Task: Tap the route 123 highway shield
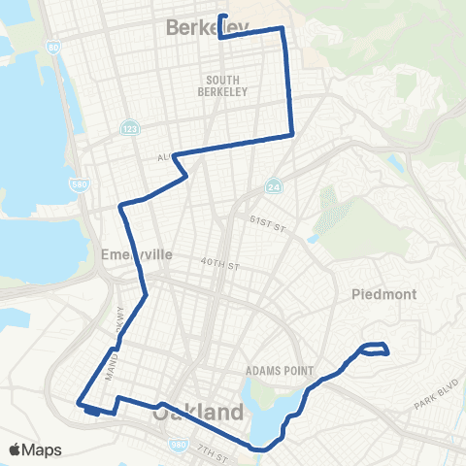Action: click(x=128, y=128)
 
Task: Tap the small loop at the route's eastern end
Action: click(x=375, y=349)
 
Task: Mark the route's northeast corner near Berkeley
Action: click(x=283, y=29)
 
